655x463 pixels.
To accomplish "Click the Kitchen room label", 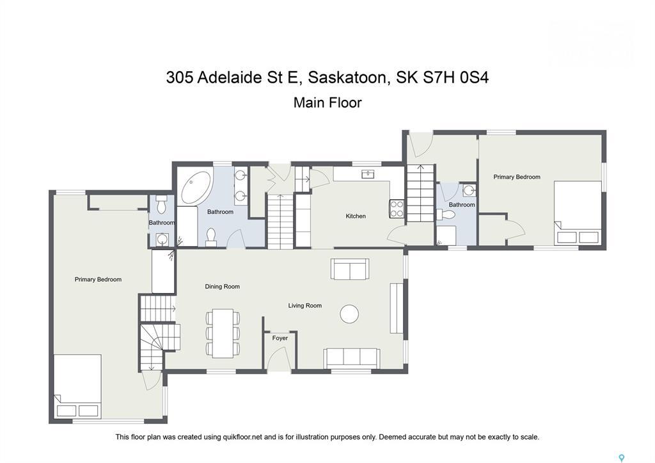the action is [356, 216].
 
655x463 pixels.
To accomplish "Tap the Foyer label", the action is [280, 338].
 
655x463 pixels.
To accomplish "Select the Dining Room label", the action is [222, 286].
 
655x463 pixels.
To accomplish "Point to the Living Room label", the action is [305, 305].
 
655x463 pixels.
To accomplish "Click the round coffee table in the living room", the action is [349, 314].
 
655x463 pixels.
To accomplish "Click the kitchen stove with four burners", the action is [397, 209].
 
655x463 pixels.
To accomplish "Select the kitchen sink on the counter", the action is [368, 174].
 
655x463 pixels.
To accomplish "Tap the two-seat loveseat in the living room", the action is [350, 269].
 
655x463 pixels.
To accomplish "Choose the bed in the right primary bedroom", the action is [578, 213].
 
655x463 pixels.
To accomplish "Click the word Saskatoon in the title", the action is [347, 77].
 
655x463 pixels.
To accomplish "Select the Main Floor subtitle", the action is [327, 103].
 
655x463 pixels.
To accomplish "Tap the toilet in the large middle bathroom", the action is [211, 237].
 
